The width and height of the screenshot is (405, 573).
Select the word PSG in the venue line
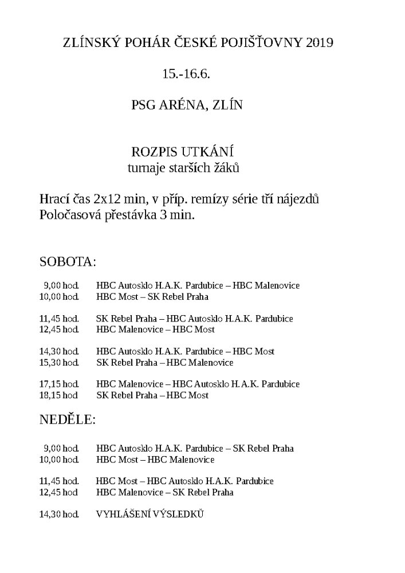[144, 105]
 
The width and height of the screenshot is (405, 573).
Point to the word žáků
[225, 168]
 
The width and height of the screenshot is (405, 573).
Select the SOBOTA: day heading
[68, 262]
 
